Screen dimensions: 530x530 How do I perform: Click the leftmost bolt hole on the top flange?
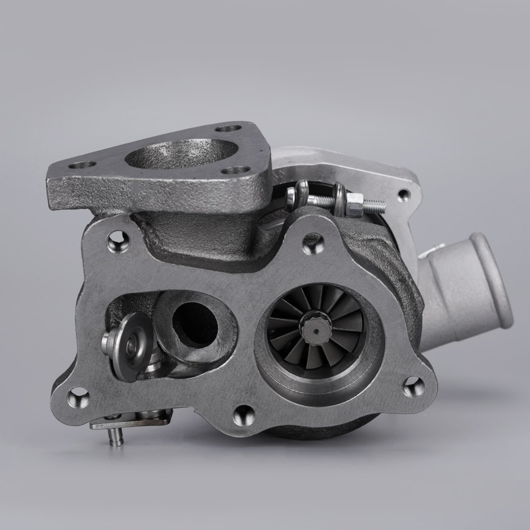click(x=83, y=165)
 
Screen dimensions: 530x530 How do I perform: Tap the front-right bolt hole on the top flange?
click(x=237, y=170)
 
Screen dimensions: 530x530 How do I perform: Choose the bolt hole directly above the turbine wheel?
click(x=310, y=243)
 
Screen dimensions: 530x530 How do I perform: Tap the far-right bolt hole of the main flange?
click(x=413, y=386)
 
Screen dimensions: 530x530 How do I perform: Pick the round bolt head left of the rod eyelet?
click(x=291, y=197)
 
